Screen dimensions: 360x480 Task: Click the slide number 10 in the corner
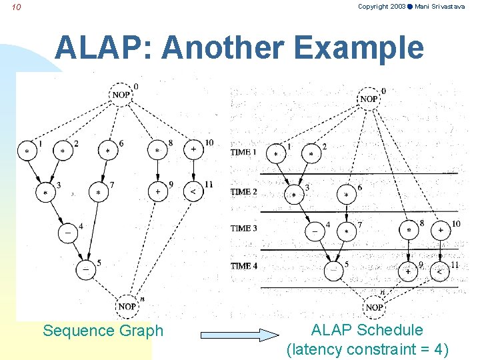17,7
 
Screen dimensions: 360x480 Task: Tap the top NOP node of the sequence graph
121,95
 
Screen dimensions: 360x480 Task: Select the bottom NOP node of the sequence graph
127,306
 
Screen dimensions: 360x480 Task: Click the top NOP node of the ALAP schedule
369,99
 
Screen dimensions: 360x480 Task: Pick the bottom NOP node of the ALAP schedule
374,307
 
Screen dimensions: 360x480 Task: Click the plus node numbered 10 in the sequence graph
193,150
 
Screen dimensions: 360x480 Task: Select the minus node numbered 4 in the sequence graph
68,233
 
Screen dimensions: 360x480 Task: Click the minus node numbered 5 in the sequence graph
86,269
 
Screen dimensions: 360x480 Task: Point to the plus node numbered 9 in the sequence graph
157,191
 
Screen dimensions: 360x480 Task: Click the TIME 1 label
244,152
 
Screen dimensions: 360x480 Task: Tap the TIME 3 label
244,228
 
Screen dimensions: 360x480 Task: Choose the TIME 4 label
244,266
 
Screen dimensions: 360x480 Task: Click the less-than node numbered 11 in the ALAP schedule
441,271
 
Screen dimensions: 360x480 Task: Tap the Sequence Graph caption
103,331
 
